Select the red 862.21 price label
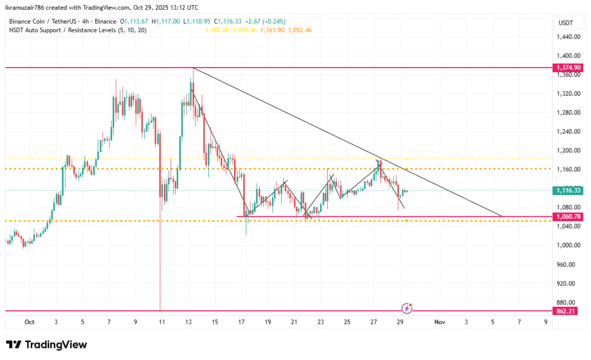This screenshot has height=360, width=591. pyautogui.click(x=568, y=311)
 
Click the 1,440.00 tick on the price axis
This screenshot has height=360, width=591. pyautogui.click(x=568, y=37)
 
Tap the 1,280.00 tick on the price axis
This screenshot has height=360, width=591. pyautogui.click(x=568, y=112)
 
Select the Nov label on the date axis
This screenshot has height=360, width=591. pyautogui.click(x=440, y=321)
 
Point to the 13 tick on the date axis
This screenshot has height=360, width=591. pyautogui.click(x=188, y=321)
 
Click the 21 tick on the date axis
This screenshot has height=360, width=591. pyautogui.click(x=294, y=321)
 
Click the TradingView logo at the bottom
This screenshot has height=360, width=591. pyautogui.click(x=47, y=344)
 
